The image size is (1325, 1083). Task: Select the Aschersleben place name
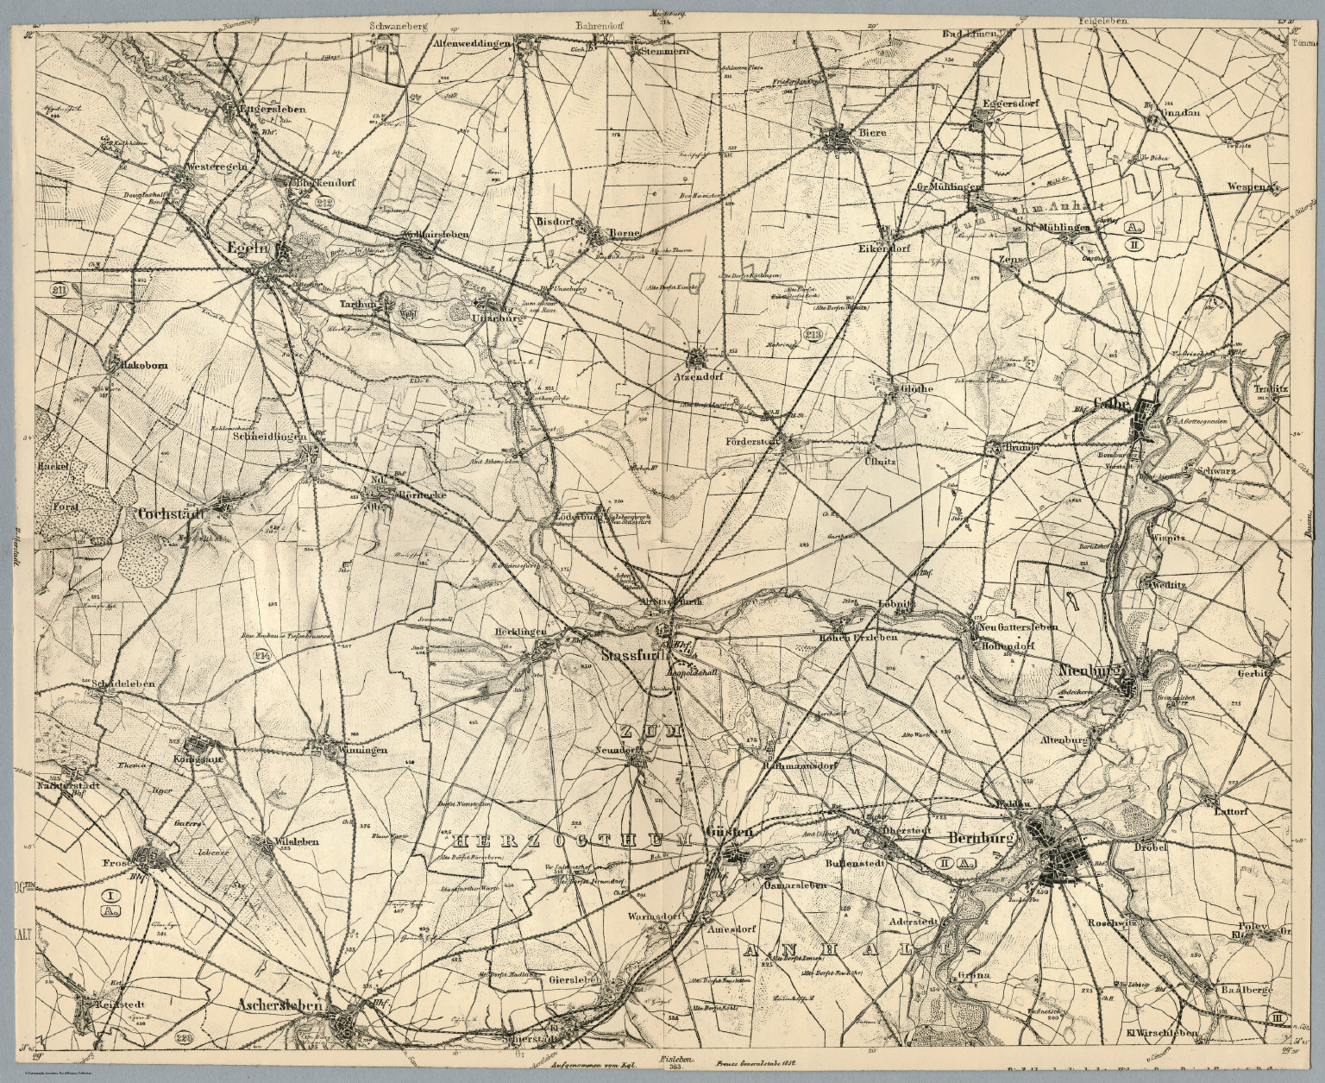[x=278, y=1007]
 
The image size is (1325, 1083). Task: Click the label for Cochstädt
[x=170, y=513]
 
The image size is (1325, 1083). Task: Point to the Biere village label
[x=871, y=133]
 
